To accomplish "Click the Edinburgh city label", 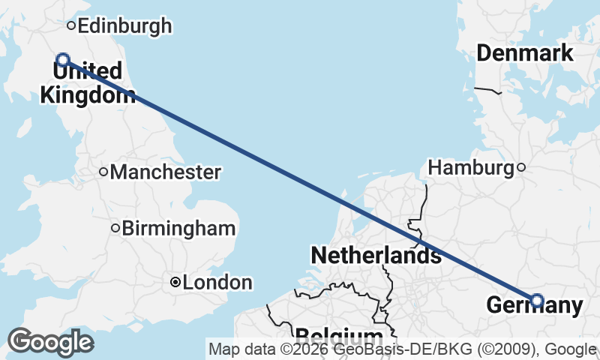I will pyautogui.click(x=124, y=26).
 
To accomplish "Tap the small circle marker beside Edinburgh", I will pyautogui.click(x=71, y=25).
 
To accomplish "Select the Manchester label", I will pyautogui.click(x=165, y=172).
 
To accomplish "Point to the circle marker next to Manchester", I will pyautogui.click(x=103, y=172).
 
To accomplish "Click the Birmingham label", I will pyautogui.click(x=179, y=228).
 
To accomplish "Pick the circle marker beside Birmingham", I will pyautogui.click(x=115, y=228).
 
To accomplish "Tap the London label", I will pyautogui.click(x=217, y=283).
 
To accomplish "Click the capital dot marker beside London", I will pyautogui.click(x=175, y=283).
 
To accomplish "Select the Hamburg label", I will pyautogui.click(x=470, y=168).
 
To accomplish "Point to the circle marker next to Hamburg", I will pyautogui.click(x=521, y=168).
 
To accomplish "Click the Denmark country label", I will pyautogui.click(x=525, y=53).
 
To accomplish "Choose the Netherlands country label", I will pyautogui.click(x=376, y=255).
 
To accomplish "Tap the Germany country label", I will pyautogui.click(x=534, y=305).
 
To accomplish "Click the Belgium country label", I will pyautogui.click(x=339, y=335).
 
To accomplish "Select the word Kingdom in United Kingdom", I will pyautogui.click(x=88, y=95).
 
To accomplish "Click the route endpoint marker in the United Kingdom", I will pyautogui.click(x=63, y=59).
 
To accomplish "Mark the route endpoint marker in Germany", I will pyautogui.click(x=536, y=301).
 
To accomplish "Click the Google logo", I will pyautogui.click(x=50, y=342).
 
